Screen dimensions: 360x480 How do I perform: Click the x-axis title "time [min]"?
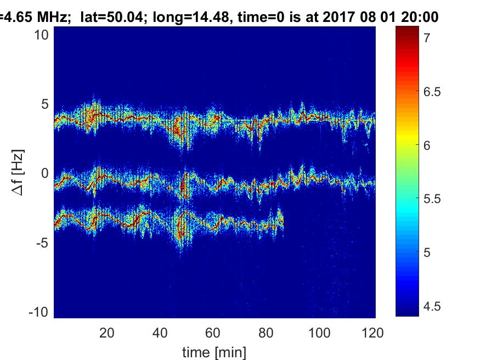pyautogui.click(x=214, y=351)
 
